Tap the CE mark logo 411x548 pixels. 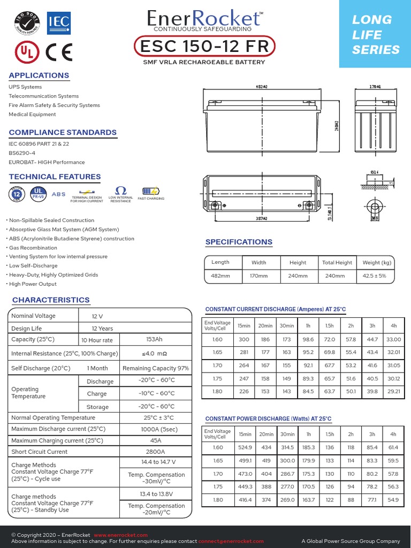tap(59, 52)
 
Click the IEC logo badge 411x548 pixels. tap(58, 22)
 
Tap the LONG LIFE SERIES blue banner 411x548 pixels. tap(375, 35)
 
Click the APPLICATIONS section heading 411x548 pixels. tap(39, 75)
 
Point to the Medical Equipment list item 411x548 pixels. tap(32, 115)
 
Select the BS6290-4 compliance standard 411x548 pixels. tap(22, 153)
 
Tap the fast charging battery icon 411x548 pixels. tap(150, 191)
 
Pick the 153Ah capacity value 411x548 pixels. tap(154, 340)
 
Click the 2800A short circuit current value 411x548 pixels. tap(155, 452)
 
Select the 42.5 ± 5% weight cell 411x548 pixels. tap(377, 276)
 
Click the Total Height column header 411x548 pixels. tap(337, 263)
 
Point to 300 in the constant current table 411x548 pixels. tap(244, 340)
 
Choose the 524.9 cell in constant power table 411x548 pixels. tap(245, 447)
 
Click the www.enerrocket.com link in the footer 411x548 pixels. tap(120, 535)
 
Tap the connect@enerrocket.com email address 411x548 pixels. tap(231, 542)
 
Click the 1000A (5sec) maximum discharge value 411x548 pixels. tap(155, 429)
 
